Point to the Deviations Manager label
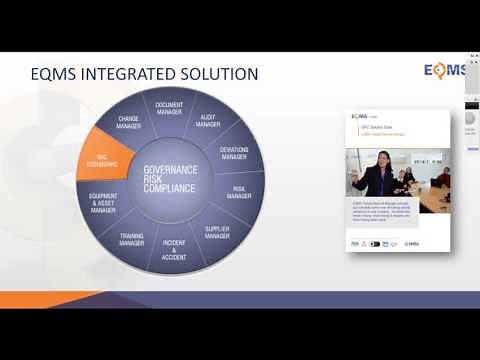coord(233,151)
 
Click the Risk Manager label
coord(238,193)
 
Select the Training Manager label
coord(132,239)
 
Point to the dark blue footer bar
coord(300,301)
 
